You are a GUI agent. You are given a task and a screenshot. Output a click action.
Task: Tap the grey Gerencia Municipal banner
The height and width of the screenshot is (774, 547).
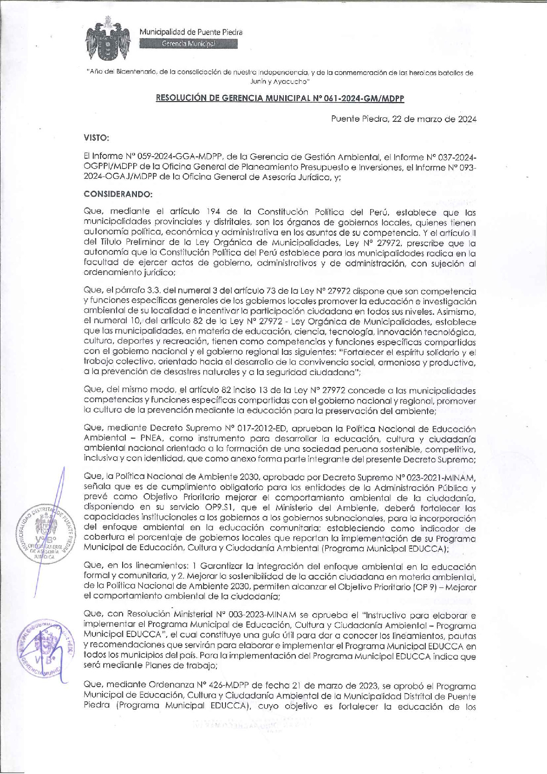pyautogui.click(x=188, y=44)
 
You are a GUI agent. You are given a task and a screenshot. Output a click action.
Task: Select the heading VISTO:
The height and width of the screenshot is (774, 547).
pyautogui.click(x=96, y=137)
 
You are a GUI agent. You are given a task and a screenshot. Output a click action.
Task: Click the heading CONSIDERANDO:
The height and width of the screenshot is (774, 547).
pyautogui.click(x=118, y=194)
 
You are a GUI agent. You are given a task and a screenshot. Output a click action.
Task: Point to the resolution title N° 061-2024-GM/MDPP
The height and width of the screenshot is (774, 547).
pyautogui.click(x=280, y=98)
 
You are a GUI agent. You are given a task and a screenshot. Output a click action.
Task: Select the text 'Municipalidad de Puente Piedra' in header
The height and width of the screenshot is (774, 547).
pyautogui.click(x=191, y=32)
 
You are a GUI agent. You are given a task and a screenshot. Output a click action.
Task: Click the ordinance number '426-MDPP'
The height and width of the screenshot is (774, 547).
pyautogui.click(x=230, y=686)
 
